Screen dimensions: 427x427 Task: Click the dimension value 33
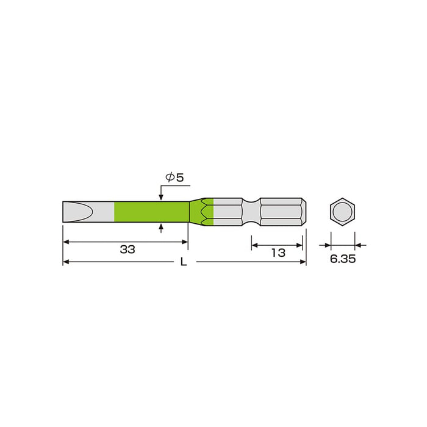(x=127, y=250)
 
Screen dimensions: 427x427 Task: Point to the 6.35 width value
(x=343, y=259)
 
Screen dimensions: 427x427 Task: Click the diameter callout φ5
(x=174, y=178)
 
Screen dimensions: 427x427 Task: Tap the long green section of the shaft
(x=151, y=211)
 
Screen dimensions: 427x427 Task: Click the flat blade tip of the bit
(x=78, y=211)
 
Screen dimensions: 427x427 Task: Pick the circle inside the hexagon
(x=343, y=211)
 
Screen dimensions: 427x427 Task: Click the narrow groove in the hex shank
(x=251, y=211)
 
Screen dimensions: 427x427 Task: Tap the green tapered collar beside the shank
(x=201, y=211)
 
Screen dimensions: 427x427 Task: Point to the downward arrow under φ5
(x=161, y=196)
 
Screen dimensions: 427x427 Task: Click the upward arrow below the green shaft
(x=161, y=227)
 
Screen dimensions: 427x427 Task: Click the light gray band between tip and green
(x=105, y=211)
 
